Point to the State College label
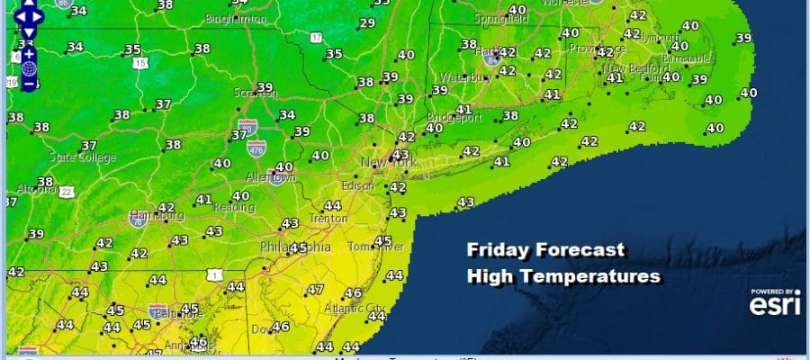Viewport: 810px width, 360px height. pos(83,158)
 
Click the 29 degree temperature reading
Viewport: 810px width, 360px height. pos(367,23)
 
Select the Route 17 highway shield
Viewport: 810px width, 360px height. pos(316,37)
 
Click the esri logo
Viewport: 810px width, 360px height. pos(772,304)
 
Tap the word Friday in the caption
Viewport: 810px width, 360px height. pos(498,250)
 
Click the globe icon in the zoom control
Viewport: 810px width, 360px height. pos(29,68)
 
